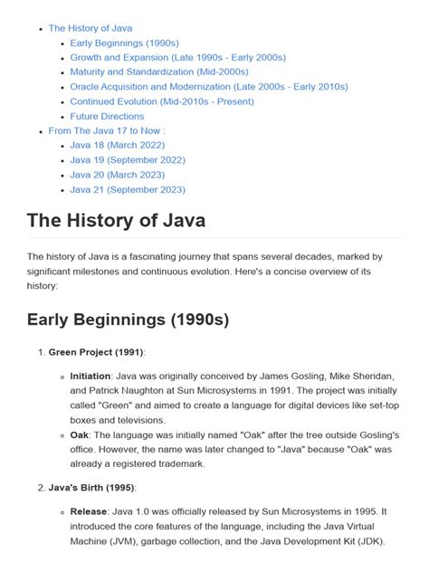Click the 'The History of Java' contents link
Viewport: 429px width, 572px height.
90,28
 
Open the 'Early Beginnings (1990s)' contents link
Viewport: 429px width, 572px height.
124,43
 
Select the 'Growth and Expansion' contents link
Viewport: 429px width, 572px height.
177,57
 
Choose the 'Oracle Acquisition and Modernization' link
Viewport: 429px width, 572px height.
208,87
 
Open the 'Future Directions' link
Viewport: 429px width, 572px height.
107,116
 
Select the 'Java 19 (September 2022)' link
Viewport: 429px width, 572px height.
128,160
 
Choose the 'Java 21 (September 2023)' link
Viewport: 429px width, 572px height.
128,189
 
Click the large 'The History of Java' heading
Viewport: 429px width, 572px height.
116,220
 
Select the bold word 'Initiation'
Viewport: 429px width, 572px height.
91,375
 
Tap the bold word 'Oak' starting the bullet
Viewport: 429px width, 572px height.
80,434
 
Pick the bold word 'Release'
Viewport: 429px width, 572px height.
89,511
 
